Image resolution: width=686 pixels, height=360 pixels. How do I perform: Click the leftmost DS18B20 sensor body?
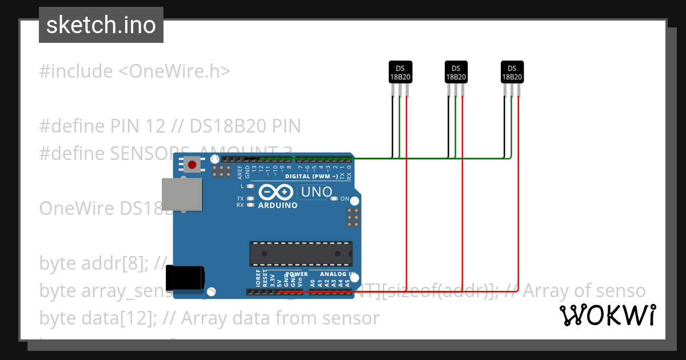pos(400,72)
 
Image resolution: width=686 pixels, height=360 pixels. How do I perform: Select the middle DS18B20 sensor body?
pos(456,72)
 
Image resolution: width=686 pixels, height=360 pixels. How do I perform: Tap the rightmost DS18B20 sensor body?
pos(512,72)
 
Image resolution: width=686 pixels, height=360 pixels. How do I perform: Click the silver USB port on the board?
pos(182,194)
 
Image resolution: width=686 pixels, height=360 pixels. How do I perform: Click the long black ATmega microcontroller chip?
pos(301,253)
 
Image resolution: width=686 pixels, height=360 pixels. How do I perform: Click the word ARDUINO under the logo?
pos(278,205)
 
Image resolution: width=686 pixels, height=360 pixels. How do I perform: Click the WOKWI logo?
pos(607,315)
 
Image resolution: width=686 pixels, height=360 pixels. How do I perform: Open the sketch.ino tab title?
pos(101,25)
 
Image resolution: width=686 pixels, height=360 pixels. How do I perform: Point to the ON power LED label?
pos(345,199)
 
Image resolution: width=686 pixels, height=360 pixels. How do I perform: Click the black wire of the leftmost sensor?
pos(392,126)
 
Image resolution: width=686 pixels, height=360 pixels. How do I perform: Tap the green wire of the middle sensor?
pos(456,126)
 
